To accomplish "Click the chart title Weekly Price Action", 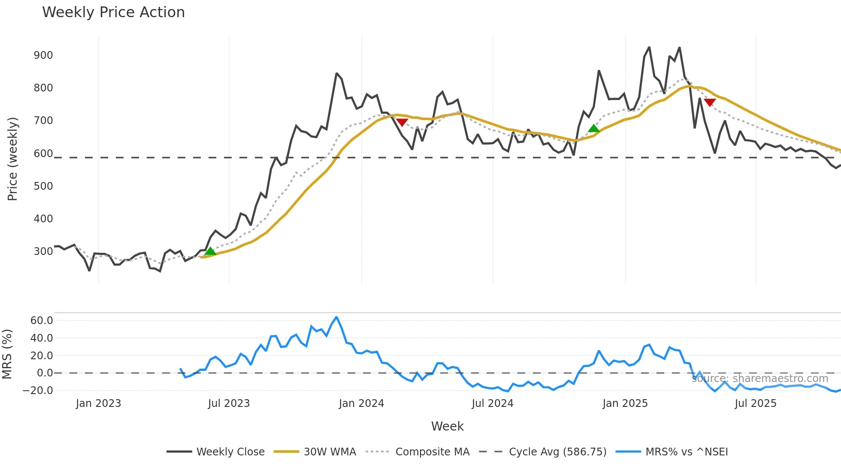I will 113,12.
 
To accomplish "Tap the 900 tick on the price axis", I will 43,55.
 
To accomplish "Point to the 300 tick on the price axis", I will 43,251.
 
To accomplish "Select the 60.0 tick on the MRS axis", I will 42,321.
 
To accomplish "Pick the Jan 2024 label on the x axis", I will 361,403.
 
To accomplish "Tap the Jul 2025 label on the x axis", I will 756,403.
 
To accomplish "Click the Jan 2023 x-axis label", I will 99,403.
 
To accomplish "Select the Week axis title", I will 447,426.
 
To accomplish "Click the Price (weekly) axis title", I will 12,159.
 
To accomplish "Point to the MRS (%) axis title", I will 7,354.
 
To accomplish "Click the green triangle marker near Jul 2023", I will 210,251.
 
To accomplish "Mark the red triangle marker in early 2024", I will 402,122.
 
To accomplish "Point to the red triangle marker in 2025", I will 710,103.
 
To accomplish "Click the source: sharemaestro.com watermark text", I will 760,379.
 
